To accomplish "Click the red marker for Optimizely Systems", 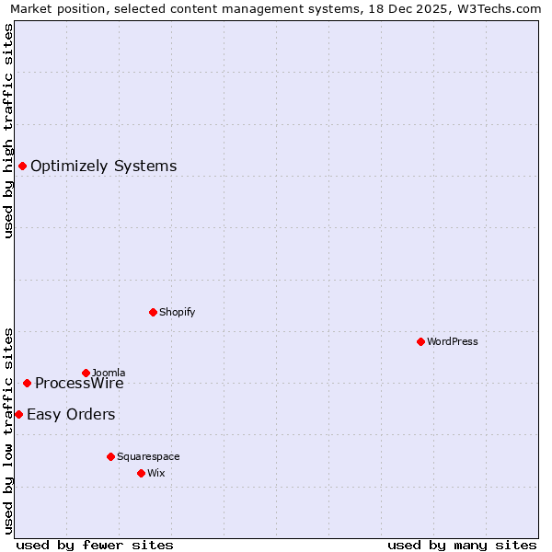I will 22,167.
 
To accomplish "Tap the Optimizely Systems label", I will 103,167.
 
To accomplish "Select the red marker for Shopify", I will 153,312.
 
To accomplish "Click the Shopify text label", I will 177,312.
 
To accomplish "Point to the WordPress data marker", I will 420,341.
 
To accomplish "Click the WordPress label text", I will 452,341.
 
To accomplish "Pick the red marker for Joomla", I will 86,373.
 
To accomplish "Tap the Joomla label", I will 109,373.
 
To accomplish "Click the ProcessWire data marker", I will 27,383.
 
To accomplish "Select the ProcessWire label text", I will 79,384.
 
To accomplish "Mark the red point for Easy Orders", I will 18,415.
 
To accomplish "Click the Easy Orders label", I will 71,415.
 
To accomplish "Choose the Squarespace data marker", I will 110,456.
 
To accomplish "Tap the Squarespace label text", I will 148,456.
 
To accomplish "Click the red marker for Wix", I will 141,473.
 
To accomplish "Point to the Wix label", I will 156,473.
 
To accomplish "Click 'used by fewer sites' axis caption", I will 95,545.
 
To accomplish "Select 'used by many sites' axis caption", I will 462,545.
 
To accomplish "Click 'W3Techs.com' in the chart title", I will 501,9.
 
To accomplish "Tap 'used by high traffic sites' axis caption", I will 9,131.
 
